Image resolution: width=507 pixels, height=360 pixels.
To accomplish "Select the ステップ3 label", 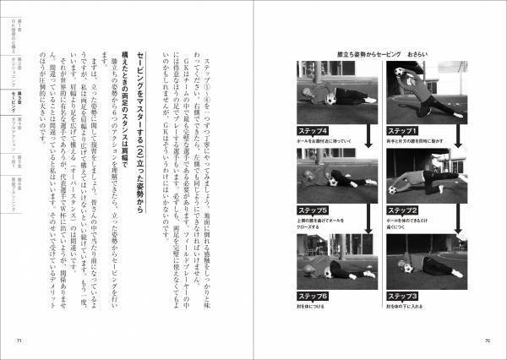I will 403,296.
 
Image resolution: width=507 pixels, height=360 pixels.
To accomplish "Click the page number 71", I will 19,341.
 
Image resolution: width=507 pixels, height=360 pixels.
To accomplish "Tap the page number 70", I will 488,341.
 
